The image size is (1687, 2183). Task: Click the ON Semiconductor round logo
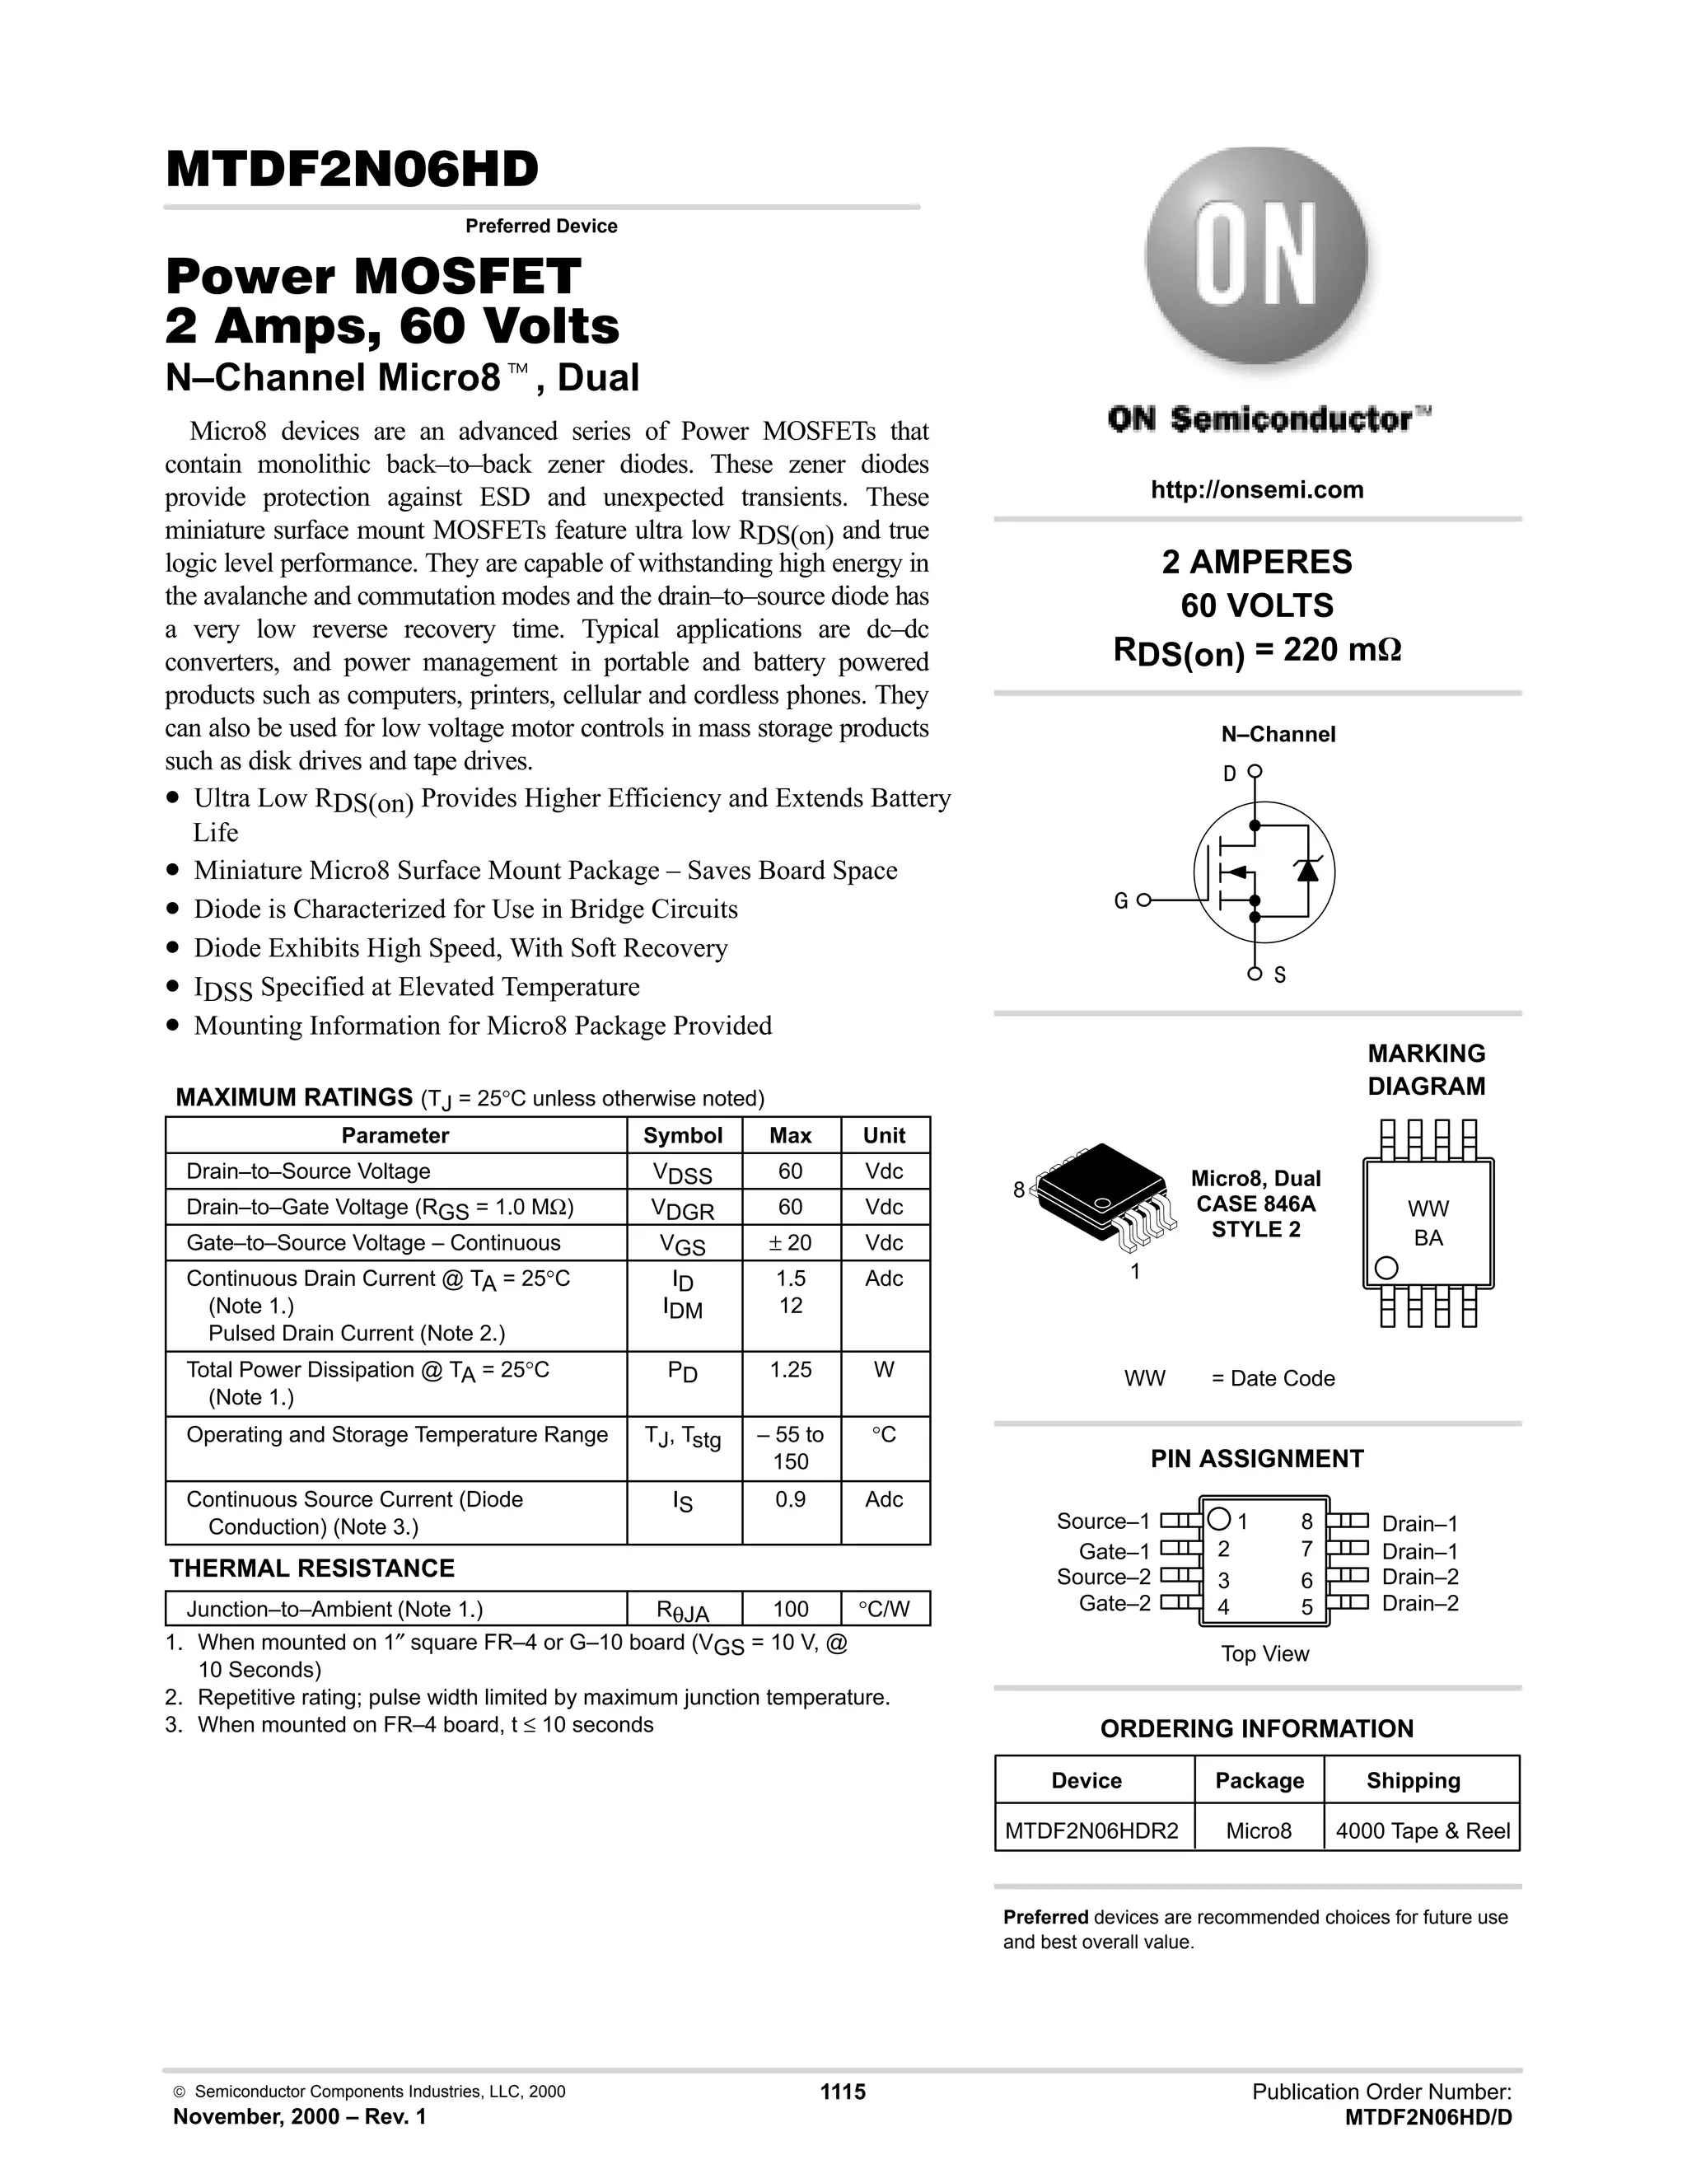[1255, 263]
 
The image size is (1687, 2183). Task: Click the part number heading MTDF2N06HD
[352, 169]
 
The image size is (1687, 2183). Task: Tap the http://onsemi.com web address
[1256, 490]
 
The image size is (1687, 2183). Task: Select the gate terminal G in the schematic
[1121, 900]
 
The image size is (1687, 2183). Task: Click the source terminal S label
[1280, 975]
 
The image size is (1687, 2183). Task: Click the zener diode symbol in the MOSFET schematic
[1306, 870]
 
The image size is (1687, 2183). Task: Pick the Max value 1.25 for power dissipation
[791, 1369]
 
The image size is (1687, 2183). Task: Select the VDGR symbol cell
[684, 1208]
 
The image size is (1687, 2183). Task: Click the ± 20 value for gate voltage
[791, 1242]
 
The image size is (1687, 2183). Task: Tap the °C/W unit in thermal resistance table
[885, 1610]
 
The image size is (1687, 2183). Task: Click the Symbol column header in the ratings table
[683, 1135]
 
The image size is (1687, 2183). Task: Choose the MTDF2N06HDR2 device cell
[1092, 1831]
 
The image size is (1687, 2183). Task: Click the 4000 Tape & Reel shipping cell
[1422, 1831]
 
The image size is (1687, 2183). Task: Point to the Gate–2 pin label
[1115, 1603]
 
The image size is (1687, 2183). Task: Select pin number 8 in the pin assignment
[1306, 1522]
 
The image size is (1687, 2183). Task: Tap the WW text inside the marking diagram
[1428, 1209]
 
